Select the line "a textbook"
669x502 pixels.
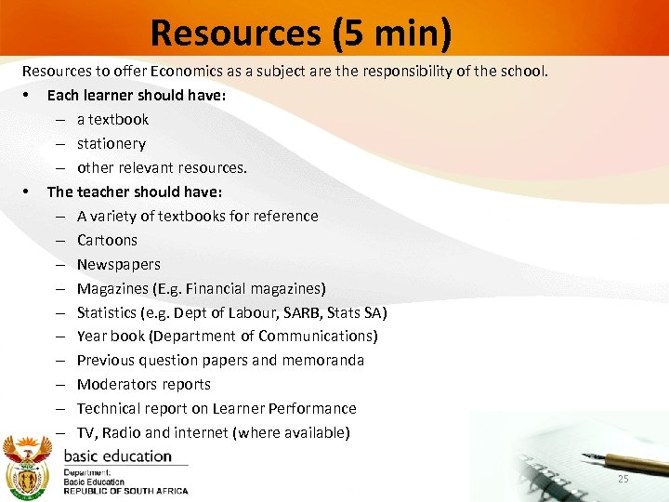coord(112,119)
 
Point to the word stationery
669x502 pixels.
coord(111,143)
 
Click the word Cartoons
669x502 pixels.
coord(107,240)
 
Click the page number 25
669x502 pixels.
coord(623,479)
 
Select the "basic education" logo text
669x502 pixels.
coord(118,456)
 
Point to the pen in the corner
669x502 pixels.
coord(623,460)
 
